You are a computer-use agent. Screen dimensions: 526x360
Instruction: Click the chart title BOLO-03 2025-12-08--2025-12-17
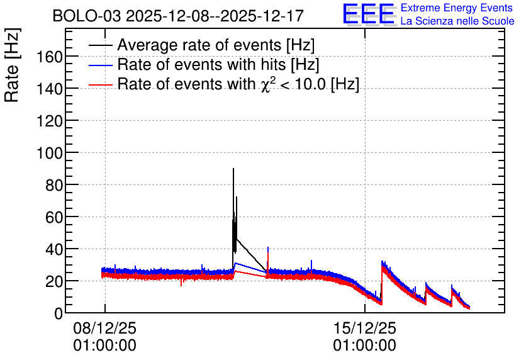(x=178, y=16)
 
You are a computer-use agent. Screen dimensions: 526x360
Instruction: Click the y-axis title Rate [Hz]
(x=12, y=65)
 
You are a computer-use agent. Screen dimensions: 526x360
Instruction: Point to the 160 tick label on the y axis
(x=50, y=57)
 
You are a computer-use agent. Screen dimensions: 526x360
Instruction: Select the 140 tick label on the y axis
(x=50, y=89)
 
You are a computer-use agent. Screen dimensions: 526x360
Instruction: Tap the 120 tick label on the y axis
(x=50, y=121)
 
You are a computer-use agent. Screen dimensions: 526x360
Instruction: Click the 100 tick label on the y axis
(x=50, y=154)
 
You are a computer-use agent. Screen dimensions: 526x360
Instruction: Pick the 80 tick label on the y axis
(x=54, y=185)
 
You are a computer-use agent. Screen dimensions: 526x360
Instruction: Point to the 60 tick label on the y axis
(x=54, y=217)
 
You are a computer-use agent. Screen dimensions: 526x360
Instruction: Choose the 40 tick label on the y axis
(x=54, y=250)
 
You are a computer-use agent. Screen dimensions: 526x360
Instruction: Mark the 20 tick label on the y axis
(x=54, y=282)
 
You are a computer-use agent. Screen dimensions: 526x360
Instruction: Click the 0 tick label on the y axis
(x=59, y=313)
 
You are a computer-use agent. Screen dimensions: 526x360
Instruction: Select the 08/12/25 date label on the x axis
(x=104, y=328)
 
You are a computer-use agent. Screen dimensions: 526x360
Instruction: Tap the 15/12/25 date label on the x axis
(x=365, y=328)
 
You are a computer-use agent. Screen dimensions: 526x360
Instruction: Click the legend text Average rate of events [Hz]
(x=216, y=45)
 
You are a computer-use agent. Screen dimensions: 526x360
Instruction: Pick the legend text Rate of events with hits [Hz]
(x=218, y=64)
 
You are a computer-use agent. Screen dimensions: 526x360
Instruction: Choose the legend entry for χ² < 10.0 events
(x=238, y=84)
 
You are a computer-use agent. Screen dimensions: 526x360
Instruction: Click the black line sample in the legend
(x=100, y=45)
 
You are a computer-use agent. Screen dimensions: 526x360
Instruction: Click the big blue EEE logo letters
(x=368, y=14)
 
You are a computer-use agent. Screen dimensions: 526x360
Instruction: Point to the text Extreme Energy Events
(x=457, y=8)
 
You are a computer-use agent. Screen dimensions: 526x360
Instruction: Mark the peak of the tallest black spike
(x=233, y=169)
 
